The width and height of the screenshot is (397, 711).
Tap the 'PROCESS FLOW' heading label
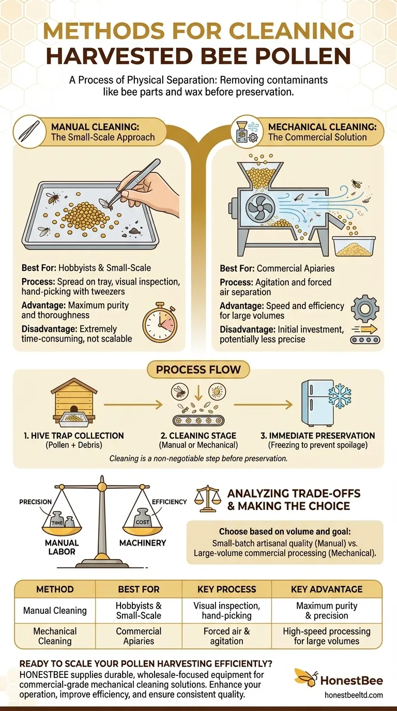pos(198,370)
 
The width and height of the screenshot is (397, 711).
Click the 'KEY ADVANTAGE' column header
pos(326,589)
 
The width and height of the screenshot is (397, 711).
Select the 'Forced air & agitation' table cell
pos(226,636)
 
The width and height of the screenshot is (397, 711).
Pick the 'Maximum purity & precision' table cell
pos(326,610)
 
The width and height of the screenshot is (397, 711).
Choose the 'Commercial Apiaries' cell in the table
pos(139,636)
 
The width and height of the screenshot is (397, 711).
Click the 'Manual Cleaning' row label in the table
pos(55,610)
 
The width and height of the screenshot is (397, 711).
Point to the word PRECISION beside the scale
pos(36,501)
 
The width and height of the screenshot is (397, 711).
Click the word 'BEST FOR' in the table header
pos(139,589)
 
